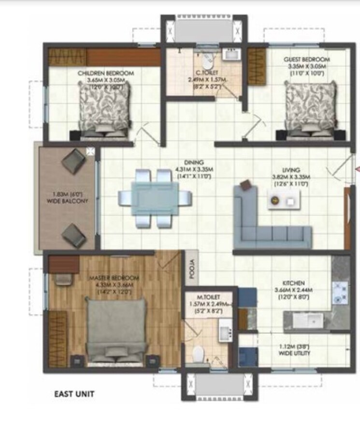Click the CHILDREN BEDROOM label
click(x=106, y=73)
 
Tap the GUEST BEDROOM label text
click(x=306, y=60)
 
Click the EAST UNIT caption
click(x=74, y=394)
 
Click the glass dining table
click(x=155, y=198)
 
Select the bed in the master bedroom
click(x=116, y=329)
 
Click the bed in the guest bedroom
click(x=310, y=107)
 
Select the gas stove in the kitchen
click(x=340, y=293)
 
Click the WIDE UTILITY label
click(x=294, y=353)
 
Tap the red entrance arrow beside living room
click(x=358, y=169)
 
